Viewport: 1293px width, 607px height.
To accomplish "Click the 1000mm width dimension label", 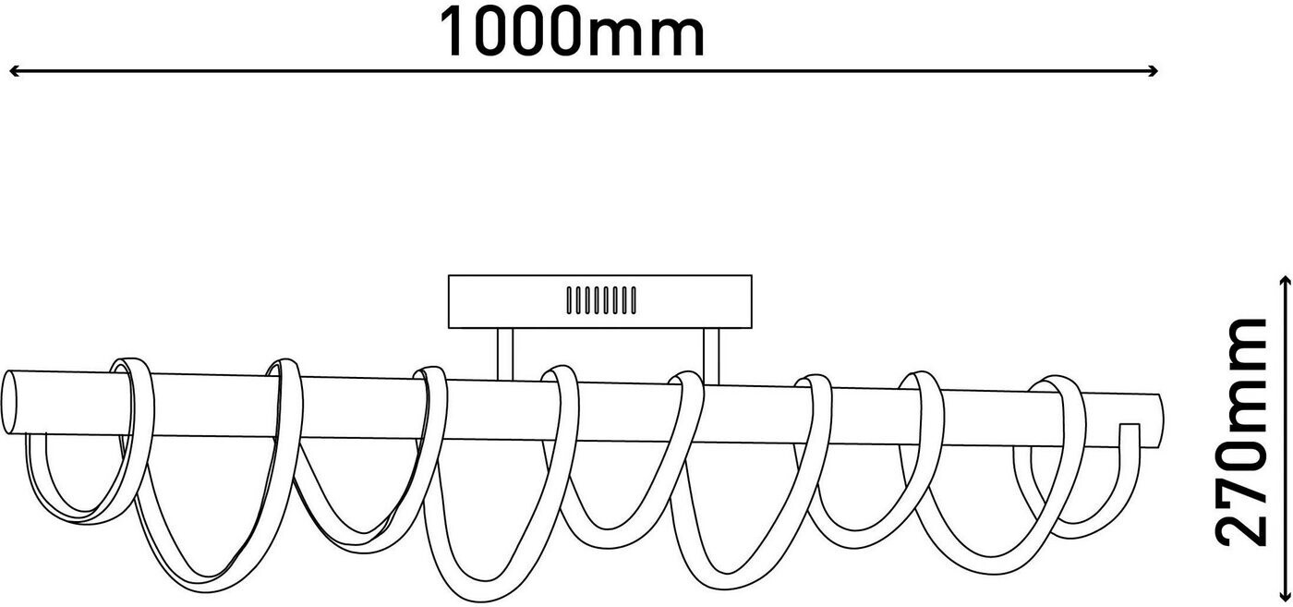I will [x=571, y=33].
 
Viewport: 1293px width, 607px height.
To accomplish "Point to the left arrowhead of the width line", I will [x=13, y=71].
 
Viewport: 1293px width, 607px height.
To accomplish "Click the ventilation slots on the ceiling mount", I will [x=600, y=300].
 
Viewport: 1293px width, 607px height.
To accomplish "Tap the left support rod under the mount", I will [x=504, y=354].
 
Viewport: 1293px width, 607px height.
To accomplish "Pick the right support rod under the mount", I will [x=711, y=354].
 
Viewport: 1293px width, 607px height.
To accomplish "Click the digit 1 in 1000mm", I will [x=455, y=33].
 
